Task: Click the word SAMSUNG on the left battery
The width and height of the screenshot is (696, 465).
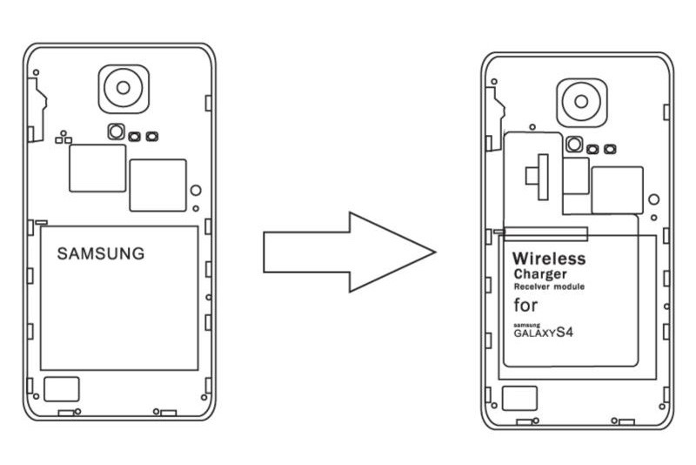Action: [101, 254]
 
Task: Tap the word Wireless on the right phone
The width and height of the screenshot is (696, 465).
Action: [548, 259]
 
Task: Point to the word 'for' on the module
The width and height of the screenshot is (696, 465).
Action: [525, 306]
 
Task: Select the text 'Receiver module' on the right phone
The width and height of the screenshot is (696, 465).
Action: [548, 286]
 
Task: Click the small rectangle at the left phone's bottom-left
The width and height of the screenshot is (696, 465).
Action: [61, 388]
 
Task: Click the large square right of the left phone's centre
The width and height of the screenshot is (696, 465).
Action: [157, 185]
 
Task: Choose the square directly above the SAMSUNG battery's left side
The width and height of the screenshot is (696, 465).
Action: [97, 168]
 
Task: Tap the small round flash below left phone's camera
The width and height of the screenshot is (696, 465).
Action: [115, 131]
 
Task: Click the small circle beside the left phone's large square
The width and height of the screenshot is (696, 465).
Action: [196, 191]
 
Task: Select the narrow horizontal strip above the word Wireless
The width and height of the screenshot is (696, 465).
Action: [545, 233]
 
